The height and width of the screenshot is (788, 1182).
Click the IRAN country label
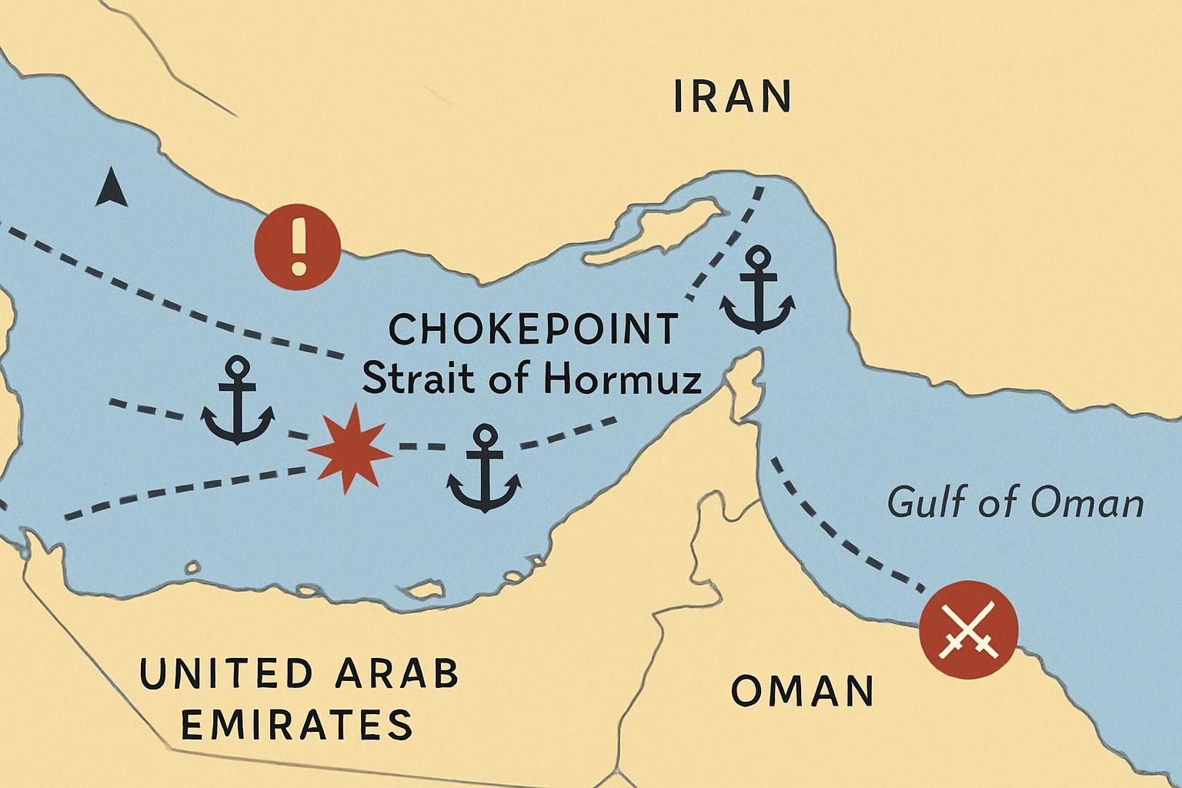point(732,96)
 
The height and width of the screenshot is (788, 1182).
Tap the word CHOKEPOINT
point(533,330)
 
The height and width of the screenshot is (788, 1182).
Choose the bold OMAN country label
point(802,690)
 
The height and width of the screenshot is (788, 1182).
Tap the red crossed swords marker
point(968,629)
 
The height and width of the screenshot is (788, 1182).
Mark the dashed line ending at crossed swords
point(846,531)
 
